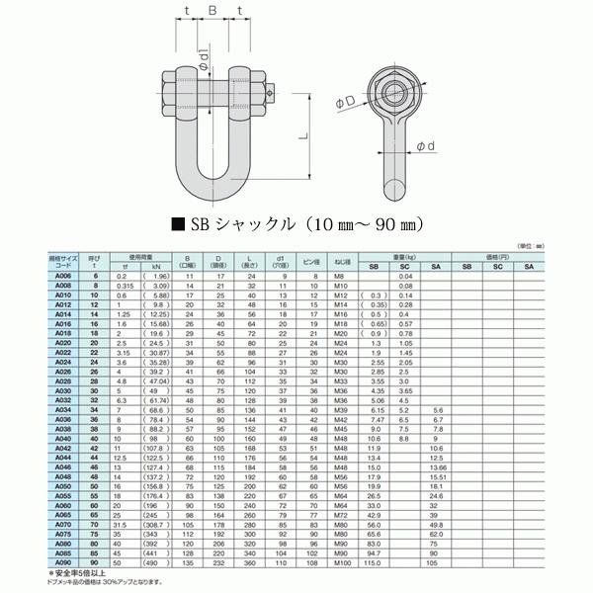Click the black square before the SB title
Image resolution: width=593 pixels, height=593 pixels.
(x=179, y=222)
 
